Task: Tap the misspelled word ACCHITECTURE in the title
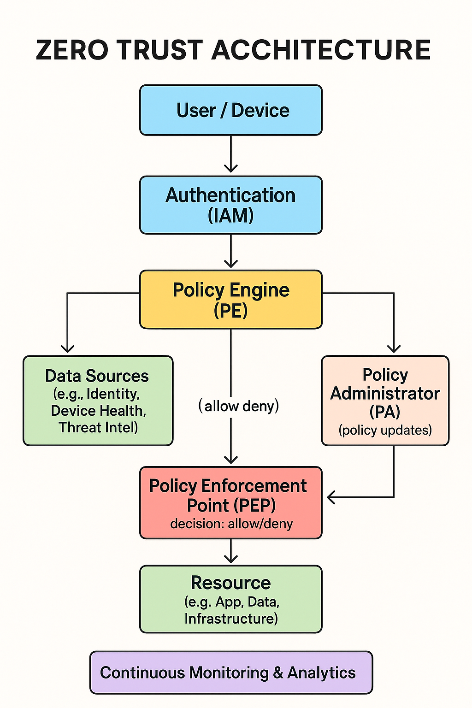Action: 321,50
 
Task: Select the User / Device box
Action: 231,110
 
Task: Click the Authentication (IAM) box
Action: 231,205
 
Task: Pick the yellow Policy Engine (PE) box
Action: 231,300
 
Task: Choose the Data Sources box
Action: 98,401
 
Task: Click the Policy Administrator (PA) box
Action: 385,401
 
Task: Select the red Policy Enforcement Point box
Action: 230,502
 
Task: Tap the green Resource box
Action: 231,599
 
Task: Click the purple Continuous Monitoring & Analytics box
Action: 231,673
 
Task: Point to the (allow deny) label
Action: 239,406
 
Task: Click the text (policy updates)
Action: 385,430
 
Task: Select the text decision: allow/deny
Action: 231,524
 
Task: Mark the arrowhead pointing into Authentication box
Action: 231,168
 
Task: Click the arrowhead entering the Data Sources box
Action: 68,348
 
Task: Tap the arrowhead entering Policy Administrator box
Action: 394,348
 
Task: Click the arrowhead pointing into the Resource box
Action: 231,559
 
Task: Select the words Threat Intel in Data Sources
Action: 98,427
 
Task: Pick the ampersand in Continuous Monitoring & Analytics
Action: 278,673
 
